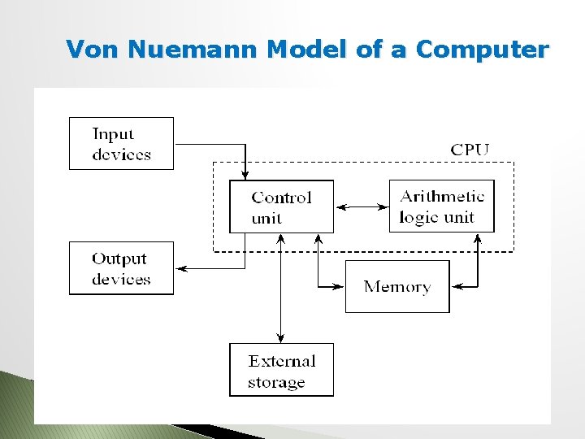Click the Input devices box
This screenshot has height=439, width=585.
tap(121, 143)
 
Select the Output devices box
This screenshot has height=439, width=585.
tap(121, 268)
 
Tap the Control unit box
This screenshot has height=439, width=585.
tap(281, 206)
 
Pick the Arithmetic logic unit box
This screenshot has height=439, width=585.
tap(441, 206)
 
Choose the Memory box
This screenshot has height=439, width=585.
tap(397, 286)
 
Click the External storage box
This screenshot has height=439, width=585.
tap(281, 370)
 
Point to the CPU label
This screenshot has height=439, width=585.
tap(470, 149)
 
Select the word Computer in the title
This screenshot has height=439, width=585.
tap(482, 50)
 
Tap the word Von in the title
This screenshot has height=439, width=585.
tap(93, 50)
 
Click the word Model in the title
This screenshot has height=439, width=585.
tap(308, 50)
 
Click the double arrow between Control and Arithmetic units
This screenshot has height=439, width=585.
tap(362, 207)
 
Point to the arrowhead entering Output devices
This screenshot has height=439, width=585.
tap(180, 268)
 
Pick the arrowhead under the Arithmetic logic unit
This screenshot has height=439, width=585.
tap(478, 237)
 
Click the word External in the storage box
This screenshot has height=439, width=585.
tap(282, 360)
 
